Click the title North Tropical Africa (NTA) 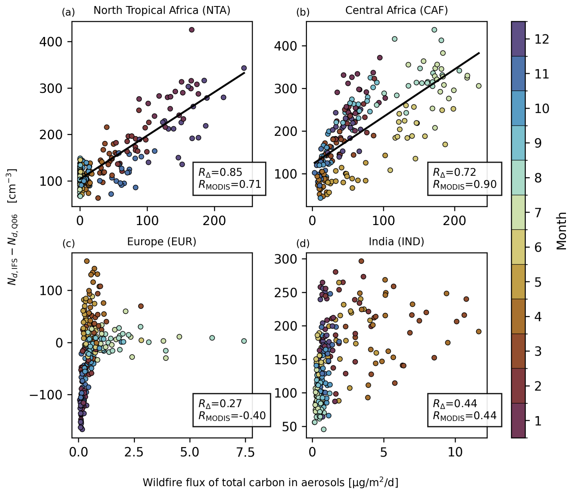coord(162,11)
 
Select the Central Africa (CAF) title coord(396,11)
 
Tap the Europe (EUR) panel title coord(162,242)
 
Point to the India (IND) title coord(396,242)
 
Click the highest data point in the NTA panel coord(191,30)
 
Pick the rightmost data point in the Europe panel coord(244,341)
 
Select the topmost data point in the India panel coord(361,261)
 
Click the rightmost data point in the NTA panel coord(244,68)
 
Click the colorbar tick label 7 coord(538,213)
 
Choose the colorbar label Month coord(561,231)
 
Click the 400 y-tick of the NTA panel coord(51,41)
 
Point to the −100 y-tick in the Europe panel coord(46,395)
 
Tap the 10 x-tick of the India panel coord(455,453)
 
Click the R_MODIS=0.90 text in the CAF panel coord(465,184)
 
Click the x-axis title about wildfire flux coord(271,482)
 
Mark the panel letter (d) coord(303,243)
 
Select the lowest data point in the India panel coord(323,429)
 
